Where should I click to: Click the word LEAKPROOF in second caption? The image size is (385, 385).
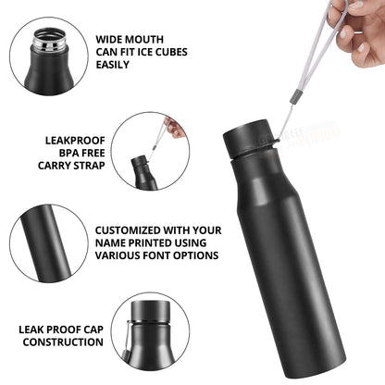pos(75,142)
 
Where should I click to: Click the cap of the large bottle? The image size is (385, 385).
pos(246,139)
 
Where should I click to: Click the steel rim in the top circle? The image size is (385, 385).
pos(48,41)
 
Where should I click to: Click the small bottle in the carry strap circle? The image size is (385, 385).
pos(141,172)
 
